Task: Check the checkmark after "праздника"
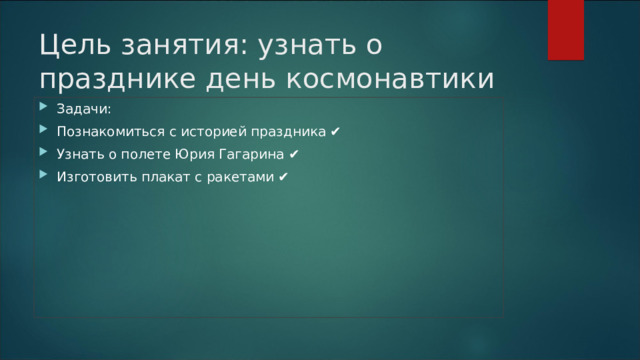pos(335,132)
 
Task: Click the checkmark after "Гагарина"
pos(291,155)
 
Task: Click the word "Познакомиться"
pos(105,132)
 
